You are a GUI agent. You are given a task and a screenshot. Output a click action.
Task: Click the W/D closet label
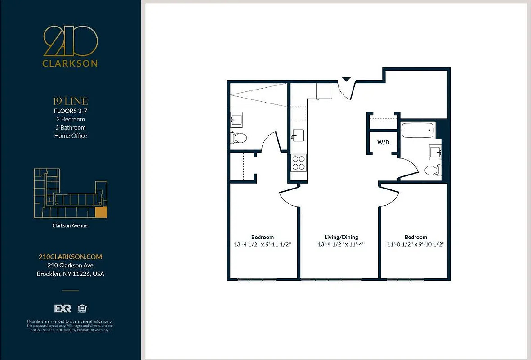pos(383,143)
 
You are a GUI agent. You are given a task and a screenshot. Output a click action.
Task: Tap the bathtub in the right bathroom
pos(417,130)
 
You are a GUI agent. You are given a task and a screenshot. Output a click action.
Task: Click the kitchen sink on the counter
pos(298,135)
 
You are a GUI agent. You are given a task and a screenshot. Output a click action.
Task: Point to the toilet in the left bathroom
pos(239,138)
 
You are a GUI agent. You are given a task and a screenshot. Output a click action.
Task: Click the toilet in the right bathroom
pos(433,171)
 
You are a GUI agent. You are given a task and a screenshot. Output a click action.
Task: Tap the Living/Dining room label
pos(341,237)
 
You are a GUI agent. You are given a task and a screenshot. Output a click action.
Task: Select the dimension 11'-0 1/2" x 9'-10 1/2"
pos(415,245)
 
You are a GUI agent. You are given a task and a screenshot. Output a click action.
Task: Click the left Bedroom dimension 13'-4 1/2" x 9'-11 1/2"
pos(263,245)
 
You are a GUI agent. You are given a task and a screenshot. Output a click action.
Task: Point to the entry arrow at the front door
pos(346,79)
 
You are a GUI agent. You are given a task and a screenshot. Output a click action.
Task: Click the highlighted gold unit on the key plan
pos(102,212)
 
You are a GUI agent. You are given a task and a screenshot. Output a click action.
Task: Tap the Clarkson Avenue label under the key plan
pos(70,226)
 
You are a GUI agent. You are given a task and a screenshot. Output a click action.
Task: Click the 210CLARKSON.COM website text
pos(70,256)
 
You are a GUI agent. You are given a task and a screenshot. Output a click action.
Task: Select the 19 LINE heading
pos(71,101)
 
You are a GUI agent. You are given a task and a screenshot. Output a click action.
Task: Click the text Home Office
pos(71,136)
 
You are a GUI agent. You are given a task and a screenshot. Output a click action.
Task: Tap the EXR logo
pos(63,308)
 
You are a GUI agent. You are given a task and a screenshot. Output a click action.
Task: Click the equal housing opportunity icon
pos(82,308)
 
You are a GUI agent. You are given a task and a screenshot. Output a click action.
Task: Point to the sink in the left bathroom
pos(236,120)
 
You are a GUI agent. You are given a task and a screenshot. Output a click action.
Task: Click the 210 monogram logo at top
pos(70,41)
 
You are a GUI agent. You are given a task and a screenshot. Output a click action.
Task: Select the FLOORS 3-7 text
pos(71,111)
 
